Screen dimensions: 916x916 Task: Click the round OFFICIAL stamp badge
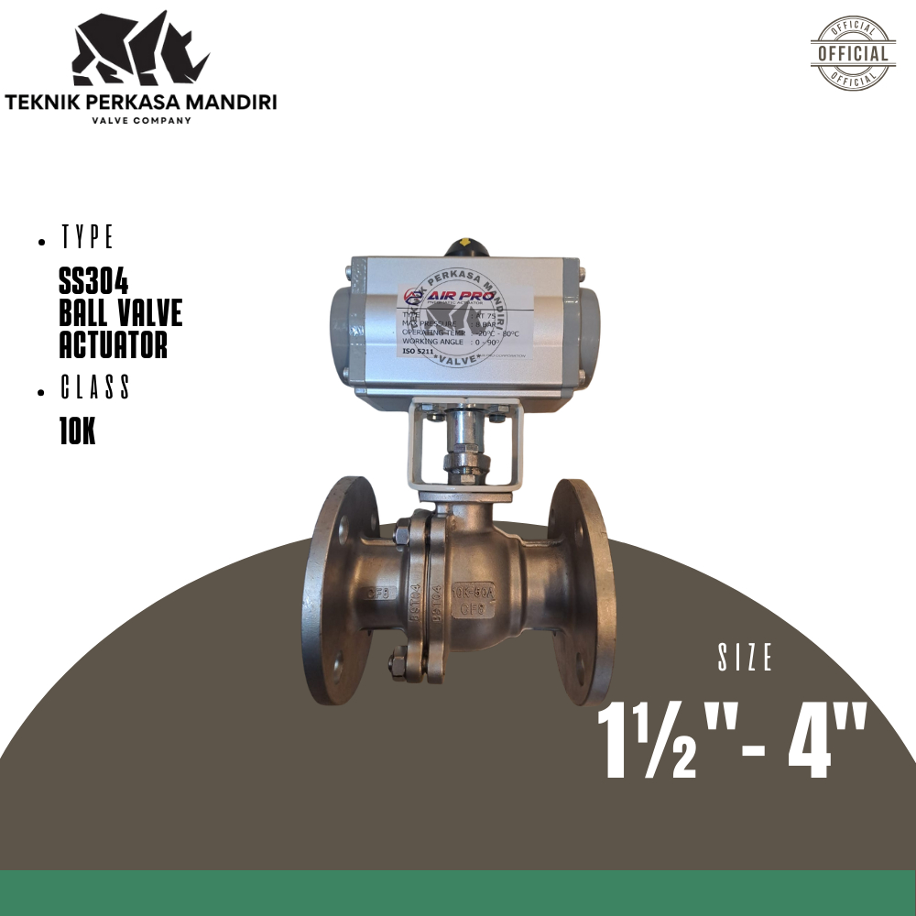(853, 53)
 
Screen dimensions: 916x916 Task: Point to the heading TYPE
(87, 238)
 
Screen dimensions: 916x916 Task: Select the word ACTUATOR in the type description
(113, 345)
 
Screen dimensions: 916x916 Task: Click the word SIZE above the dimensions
(747, 658)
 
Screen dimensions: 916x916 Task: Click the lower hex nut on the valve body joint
(398, 661)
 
